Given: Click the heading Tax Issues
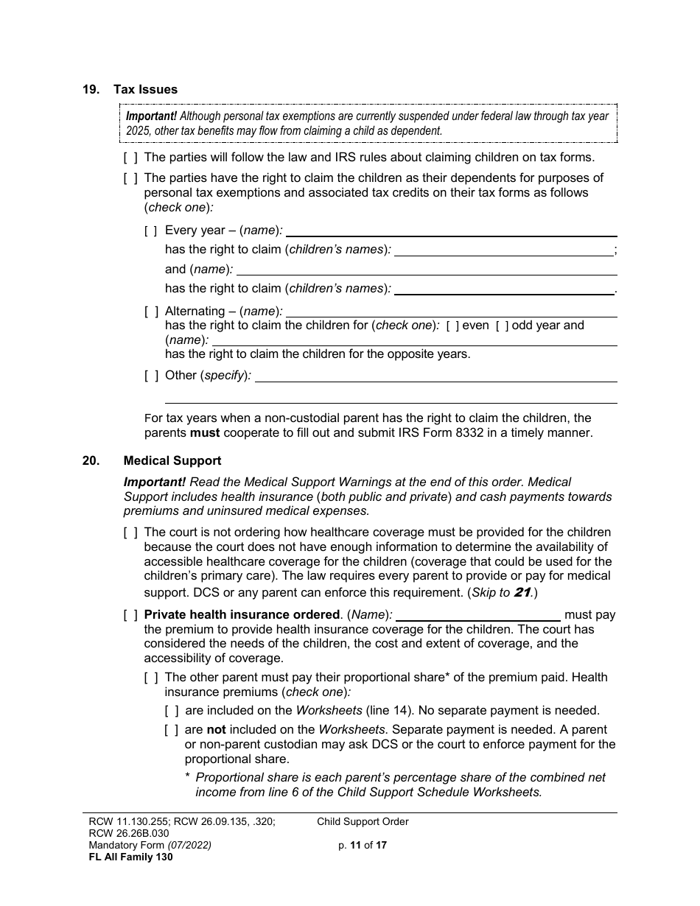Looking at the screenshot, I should (145, 89).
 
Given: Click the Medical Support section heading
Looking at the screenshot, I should (172, 460).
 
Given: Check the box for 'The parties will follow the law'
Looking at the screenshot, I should (130, 157).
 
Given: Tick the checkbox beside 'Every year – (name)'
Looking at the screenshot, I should (151, 231).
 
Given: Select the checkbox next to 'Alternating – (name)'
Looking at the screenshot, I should (151, 312).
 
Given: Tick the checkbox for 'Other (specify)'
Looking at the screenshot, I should (151, 376).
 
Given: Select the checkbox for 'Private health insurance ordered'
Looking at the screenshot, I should (130, 615).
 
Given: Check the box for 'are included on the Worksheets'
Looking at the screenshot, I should (172, 711).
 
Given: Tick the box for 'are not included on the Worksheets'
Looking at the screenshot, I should (172, 730).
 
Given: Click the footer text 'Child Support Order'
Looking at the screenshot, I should (363, 821).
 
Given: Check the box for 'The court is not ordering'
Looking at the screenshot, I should (130, 533).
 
